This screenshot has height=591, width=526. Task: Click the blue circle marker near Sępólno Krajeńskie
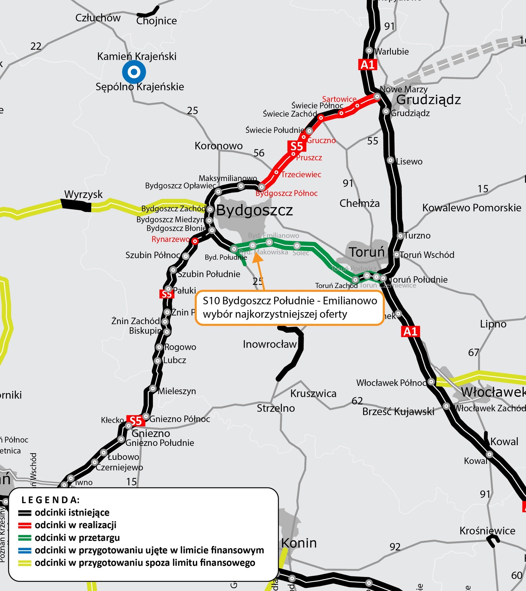coord(134,72)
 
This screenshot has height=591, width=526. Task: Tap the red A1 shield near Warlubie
coord(367,65)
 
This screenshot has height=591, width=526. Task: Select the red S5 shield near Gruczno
coord(297,146)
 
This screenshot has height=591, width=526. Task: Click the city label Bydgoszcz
coord(255,210)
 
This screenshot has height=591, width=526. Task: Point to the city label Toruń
coord(367,252)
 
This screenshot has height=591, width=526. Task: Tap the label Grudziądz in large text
coord(428,100)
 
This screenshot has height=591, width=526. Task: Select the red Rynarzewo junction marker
coord(195,241)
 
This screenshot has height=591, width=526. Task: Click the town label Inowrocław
coord(270,344)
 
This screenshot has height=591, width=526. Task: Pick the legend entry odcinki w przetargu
coord(77,537)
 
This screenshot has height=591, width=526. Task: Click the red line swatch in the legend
coord(25,525)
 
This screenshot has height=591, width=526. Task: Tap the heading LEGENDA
coord(51,500)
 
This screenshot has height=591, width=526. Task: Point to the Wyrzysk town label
coord(83,194)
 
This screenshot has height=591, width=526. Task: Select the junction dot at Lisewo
coord(390,160)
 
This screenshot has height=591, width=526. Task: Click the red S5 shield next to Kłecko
coord(136,420)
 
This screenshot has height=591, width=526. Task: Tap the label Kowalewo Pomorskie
coord(472,208)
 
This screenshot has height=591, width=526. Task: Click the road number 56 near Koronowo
coord(259,153)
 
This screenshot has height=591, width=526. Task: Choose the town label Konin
coord(299,543)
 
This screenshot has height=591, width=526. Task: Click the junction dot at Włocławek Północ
coord(431,382)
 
